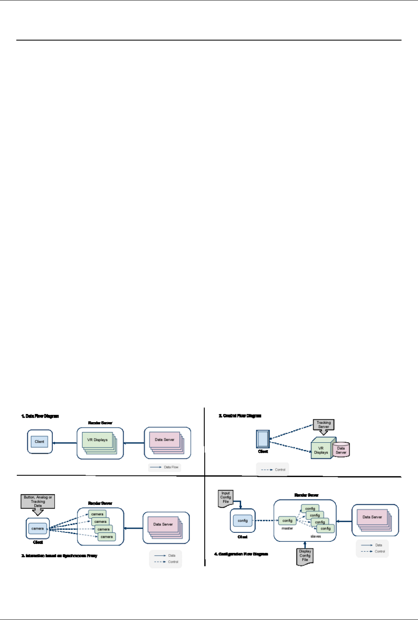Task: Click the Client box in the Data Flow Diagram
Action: tap(39, 442)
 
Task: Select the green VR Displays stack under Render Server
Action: tap(98, 440)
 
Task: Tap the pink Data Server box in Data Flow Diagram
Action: tap(165, 440)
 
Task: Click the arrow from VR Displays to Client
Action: tap(65, 443)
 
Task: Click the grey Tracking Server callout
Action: tap(323, 425)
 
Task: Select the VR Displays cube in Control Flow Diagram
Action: tap(322, 450)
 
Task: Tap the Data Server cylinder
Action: tap(341, 450)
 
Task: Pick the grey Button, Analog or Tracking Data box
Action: tap(38, 501)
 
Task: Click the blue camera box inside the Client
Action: tap(38, 529)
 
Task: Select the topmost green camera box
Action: tap(97, 514)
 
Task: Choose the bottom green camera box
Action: tap(106, 536)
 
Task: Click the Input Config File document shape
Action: tap(226, 498)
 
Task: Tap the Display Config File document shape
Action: tap(305, 556)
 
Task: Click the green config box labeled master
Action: tap(287, 521)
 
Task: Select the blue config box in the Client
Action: tap(243, 521)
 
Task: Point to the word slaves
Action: tap(316, 536)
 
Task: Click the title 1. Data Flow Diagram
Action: tap(40, 416)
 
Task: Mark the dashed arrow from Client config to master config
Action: tap(267, 521)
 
